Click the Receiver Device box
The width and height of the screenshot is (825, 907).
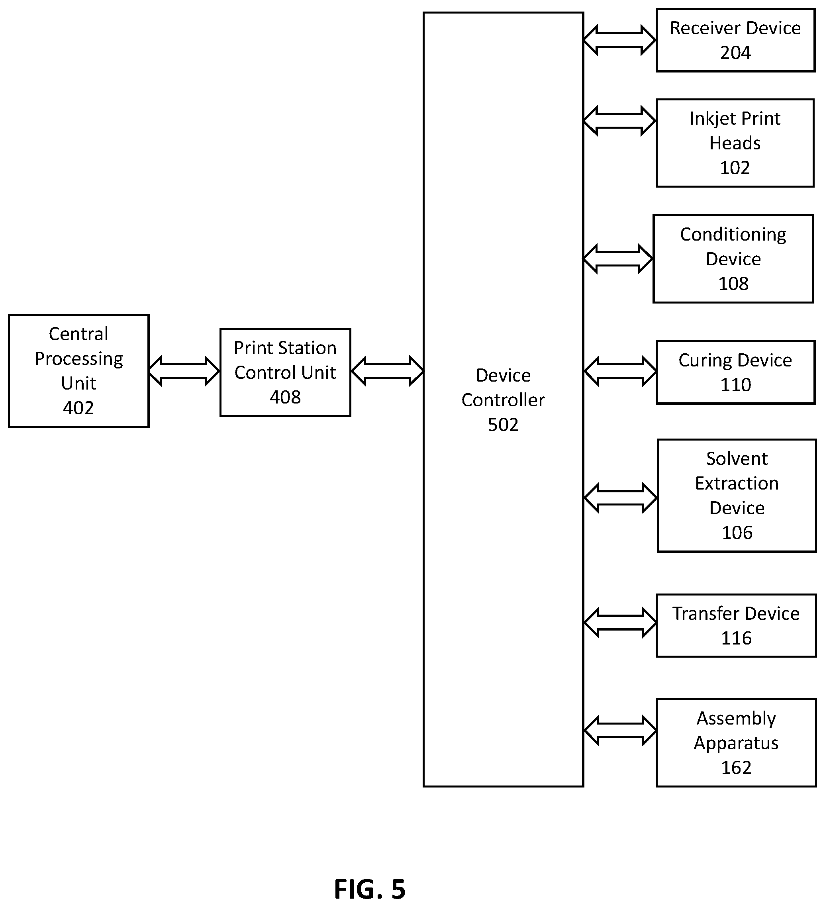735,40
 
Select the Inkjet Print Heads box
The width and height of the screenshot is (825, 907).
735,143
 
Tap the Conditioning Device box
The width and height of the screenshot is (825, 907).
733,259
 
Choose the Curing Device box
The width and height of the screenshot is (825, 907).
735,372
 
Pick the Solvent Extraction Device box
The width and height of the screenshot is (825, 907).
737,496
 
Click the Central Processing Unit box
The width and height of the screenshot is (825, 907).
79,371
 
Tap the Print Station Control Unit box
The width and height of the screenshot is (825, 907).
285,372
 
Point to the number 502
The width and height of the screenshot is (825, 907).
503,425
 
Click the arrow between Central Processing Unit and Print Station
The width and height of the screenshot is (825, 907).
184,371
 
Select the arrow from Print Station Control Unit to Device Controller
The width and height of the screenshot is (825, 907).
387,371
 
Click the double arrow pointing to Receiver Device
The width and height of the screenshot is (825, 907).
619,40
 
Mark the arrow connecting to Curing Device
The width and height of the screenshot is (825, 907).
620,371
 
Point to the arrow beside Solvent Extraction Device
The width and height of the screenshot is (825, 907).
620,498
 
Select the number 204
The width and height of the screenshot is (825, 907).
735,53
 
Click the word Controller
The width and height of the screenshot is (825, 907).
503,400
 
